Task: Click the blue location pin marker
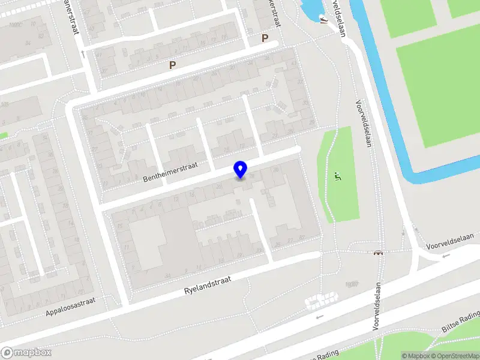(241, 169)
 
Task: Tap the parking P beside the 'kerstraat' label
(265, 38)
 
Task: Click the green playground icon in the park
(337, 177)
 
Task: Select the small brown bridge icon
(379, 253)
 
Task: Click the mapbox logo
(26, 353)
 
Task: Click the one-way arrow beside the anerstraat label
(82, 54)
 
